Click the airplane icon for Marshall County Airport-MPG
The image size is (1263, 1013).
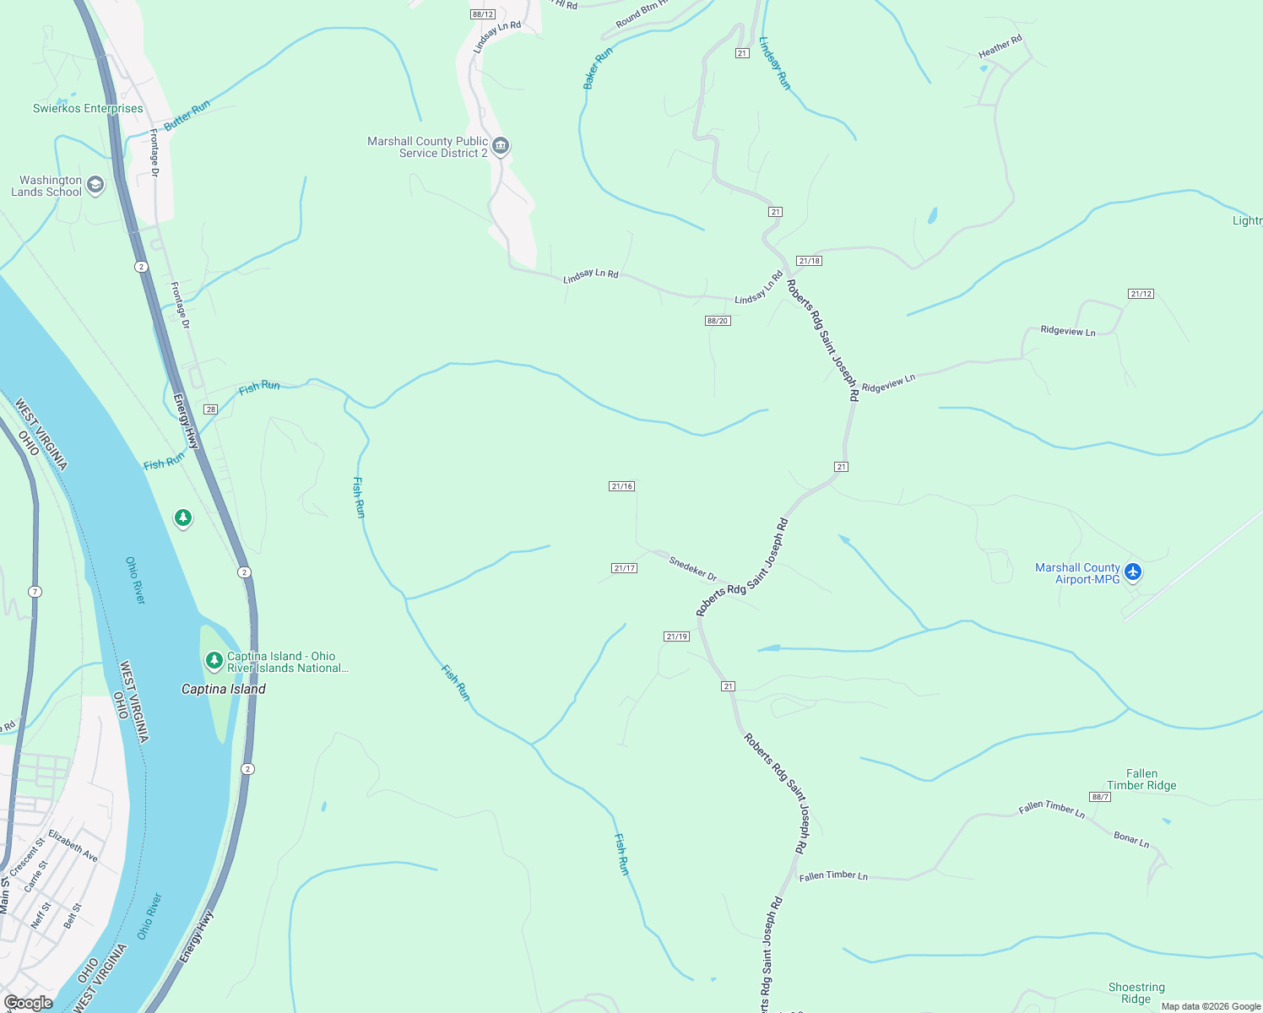coord(1133,573)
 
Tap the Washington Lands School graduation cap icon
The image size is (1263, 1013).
coord(95,185)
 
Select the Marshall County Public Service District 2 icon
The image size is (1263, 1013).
coord(501,147)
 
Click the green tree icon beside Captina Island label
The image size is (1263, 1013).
coord(214,660)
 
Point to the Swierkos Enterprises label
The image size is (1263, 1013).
coord(88,108)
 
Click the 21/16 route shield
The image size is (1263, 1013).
coord(622,486)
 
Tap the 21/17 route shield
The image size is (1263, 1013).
coord(624,568)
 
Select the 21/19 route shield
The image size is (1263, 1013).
coord(676,637)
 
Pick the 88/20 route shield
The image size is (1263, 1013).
coord(718,321)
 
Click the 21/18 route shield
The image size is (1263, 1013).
coord(809,261)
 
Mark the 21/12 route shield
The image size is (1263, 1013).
coord(1141,294)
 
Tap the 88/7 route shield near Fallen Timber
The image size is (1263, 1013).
coord(1099,797)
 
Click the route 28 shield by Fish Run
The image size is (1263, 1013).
coord(211,409)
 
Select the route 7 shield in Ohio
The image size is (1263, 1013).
coord(35,592)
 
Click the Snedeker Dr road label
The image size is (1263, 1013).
coord(692,569)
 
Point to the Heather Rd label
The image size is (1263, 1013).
coord(1000,46)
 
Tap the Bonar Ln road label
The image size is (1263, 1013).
coord(1131,840)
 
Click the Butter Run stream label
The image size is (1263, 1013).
coord(187,116)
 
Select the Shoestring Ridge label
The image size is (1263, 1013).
coord(1136,993)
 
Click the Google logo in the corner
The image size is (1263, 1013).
coord(28,1003)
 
